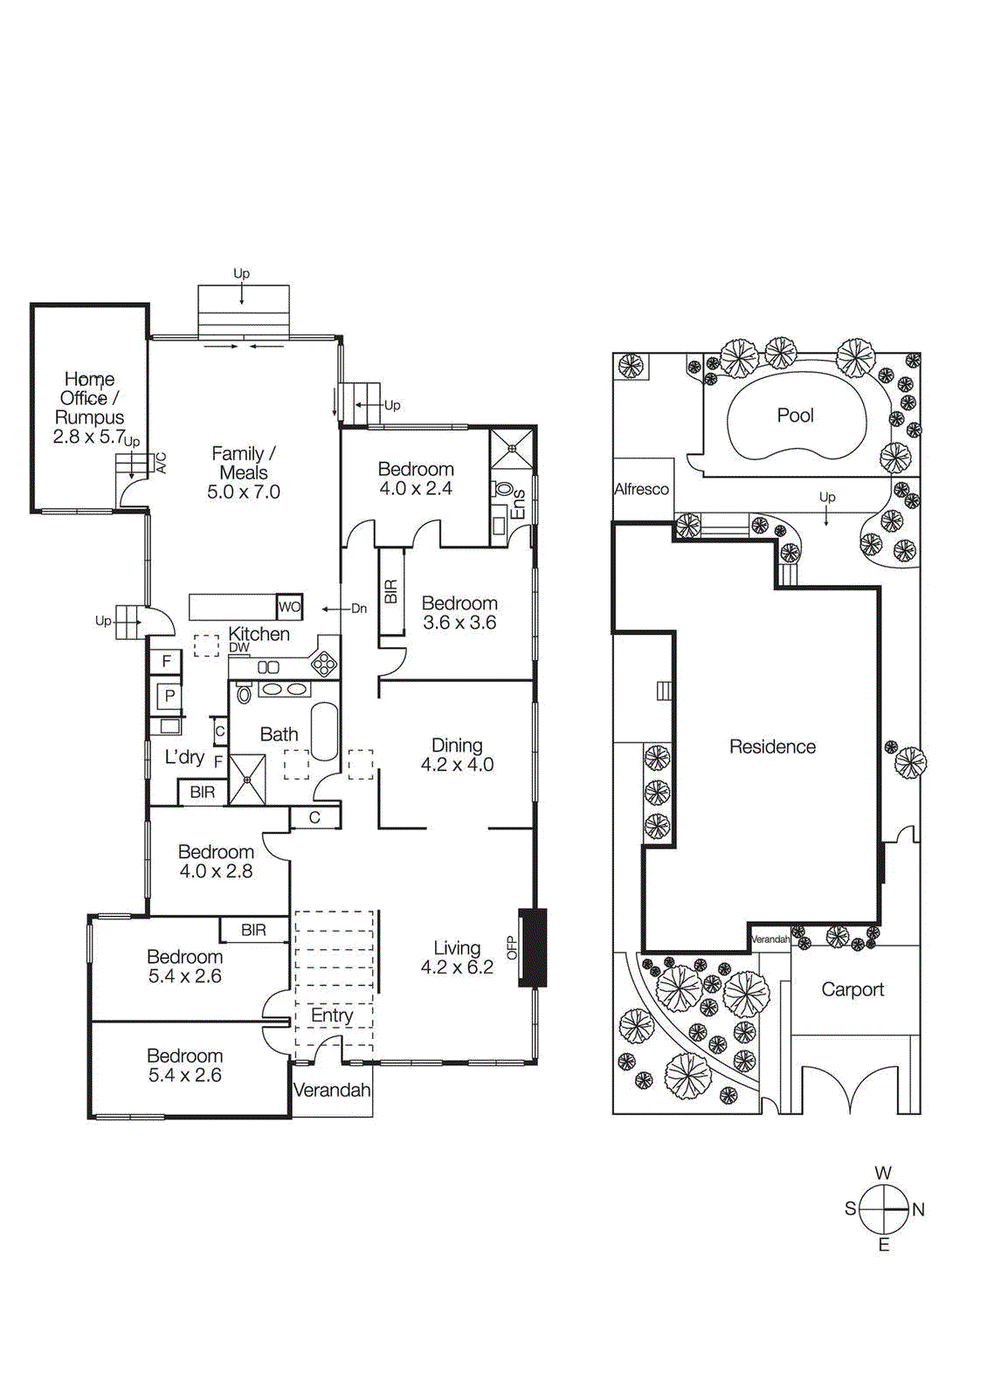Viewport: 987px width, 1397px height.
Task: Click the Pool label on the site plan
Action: tap(795, 416)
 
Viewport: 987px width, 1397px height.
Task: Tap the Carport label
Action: tap(852, 989)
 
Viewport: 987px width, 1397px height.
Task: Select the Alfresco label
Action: tap(641, 489)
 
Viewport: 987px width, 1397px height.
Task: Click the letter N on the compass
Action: tap(918, 1209)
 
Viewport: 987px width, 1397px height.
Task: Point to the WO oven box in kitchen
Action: tap(289, 607)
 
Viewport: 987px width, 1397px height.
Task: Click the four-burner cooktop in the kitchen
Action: tap(324, 664)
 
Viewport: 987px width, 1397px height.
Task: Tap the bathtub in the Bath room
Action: tap(324, 731)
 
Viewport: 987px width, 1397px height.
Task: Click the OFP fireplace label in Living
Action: tap(512, 947)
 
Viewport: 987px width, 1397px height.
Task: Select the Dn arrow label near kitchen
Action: tap(359, 609)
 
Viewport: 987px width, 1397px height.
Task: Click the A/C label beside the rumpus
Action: tap(161, 463)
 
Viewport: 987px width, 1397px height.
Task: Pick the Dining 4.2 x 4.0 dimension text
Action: tap(457, 765)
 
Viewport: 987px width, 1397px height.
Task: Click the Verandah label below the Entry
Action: tap(332, 1090)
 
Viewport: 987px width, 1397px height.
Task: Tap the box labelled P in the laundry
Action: tap(169, 696)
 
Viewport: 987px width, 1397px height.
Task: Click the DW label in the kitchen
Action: tap(239, 648)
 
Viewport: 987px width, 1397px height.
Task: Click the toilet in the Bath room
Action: tap(245, 693)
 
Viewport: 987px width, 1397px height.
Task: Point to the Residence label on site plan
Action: tap(772, 747)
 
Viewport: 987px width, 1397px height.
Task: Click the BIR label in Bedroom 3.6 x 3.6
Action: tap(390, 592)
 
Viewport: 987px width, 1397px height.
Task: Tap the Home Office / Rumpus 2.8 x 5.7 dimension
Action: tap(89, 437)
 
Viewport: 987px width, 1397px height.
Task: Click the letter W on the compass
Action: tap(883, 1173)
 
